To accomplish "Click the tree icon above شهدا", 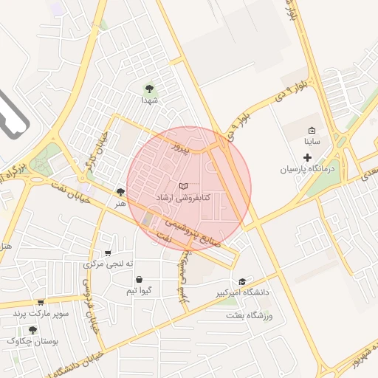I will (148, 89).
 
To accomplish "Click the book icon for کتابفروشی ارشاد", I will (184, 186).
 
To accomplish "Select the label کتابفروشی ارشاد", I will (184, 198).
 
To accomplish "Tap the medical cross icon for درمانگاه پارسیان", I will (308, 157).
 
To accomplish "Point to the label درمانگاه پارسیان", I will (307, 169).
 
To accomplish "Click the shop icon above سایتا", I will (311, 130).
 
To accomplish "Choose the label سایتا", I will (312, 141).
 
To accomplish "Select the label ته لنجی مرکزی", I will (109, 264).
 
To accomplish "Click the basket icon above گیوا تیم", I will (140, 279).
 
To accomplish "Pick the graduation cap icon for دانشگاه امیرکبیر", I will (242, 281).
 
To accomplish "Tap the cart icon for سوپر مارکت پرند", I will (41, 301).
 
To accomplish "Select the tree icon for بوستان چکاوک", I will (32, 329).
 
